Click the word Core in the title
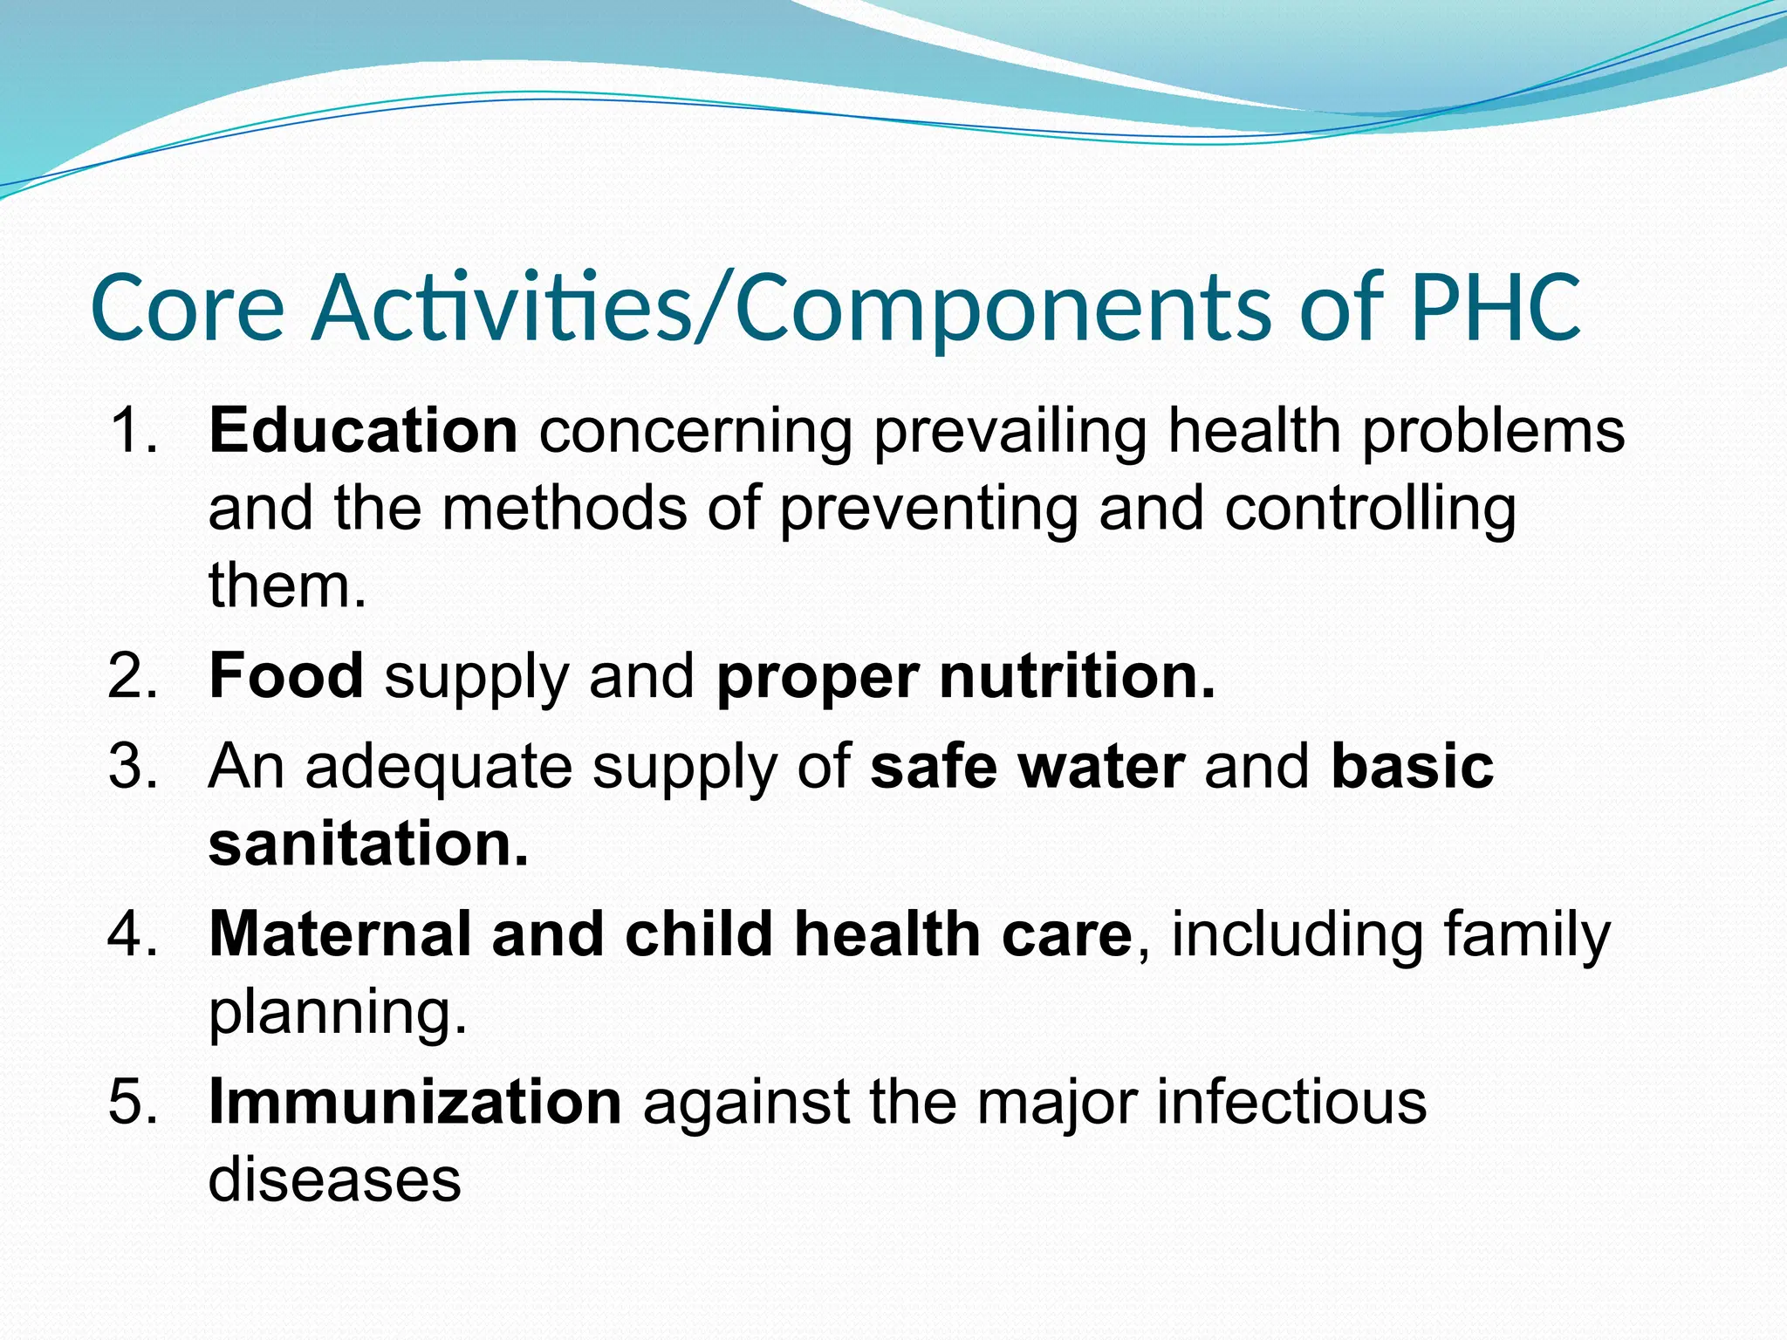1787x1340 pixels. coord(188,308)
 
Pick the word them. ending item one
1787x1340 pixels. coord(287,585)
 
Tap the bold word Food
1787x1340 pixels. coord(286,676)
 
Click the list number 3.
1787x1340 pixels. coord(133,767)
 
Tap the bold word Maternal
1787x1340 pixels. coord(340,934)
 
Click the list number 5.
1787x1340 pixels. coord(133,1102)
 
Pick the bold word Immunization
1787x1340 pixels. coord(415,1102)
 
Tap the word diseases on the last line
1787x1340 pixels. coord(334,1179)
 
